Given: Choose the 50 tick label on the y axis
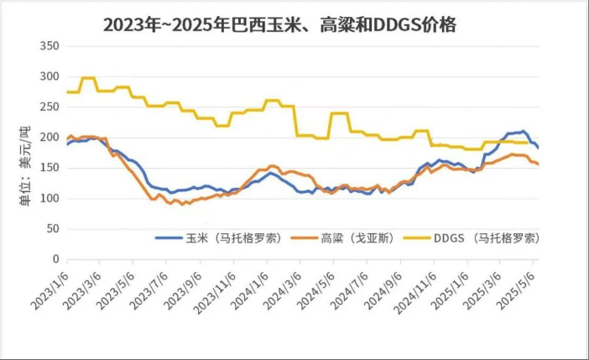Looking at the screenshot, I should [51, 228].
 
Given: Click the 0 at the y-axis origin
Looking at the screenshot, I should [55, 258].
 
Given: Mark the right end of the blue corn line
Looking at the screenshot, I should [538, 148].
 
